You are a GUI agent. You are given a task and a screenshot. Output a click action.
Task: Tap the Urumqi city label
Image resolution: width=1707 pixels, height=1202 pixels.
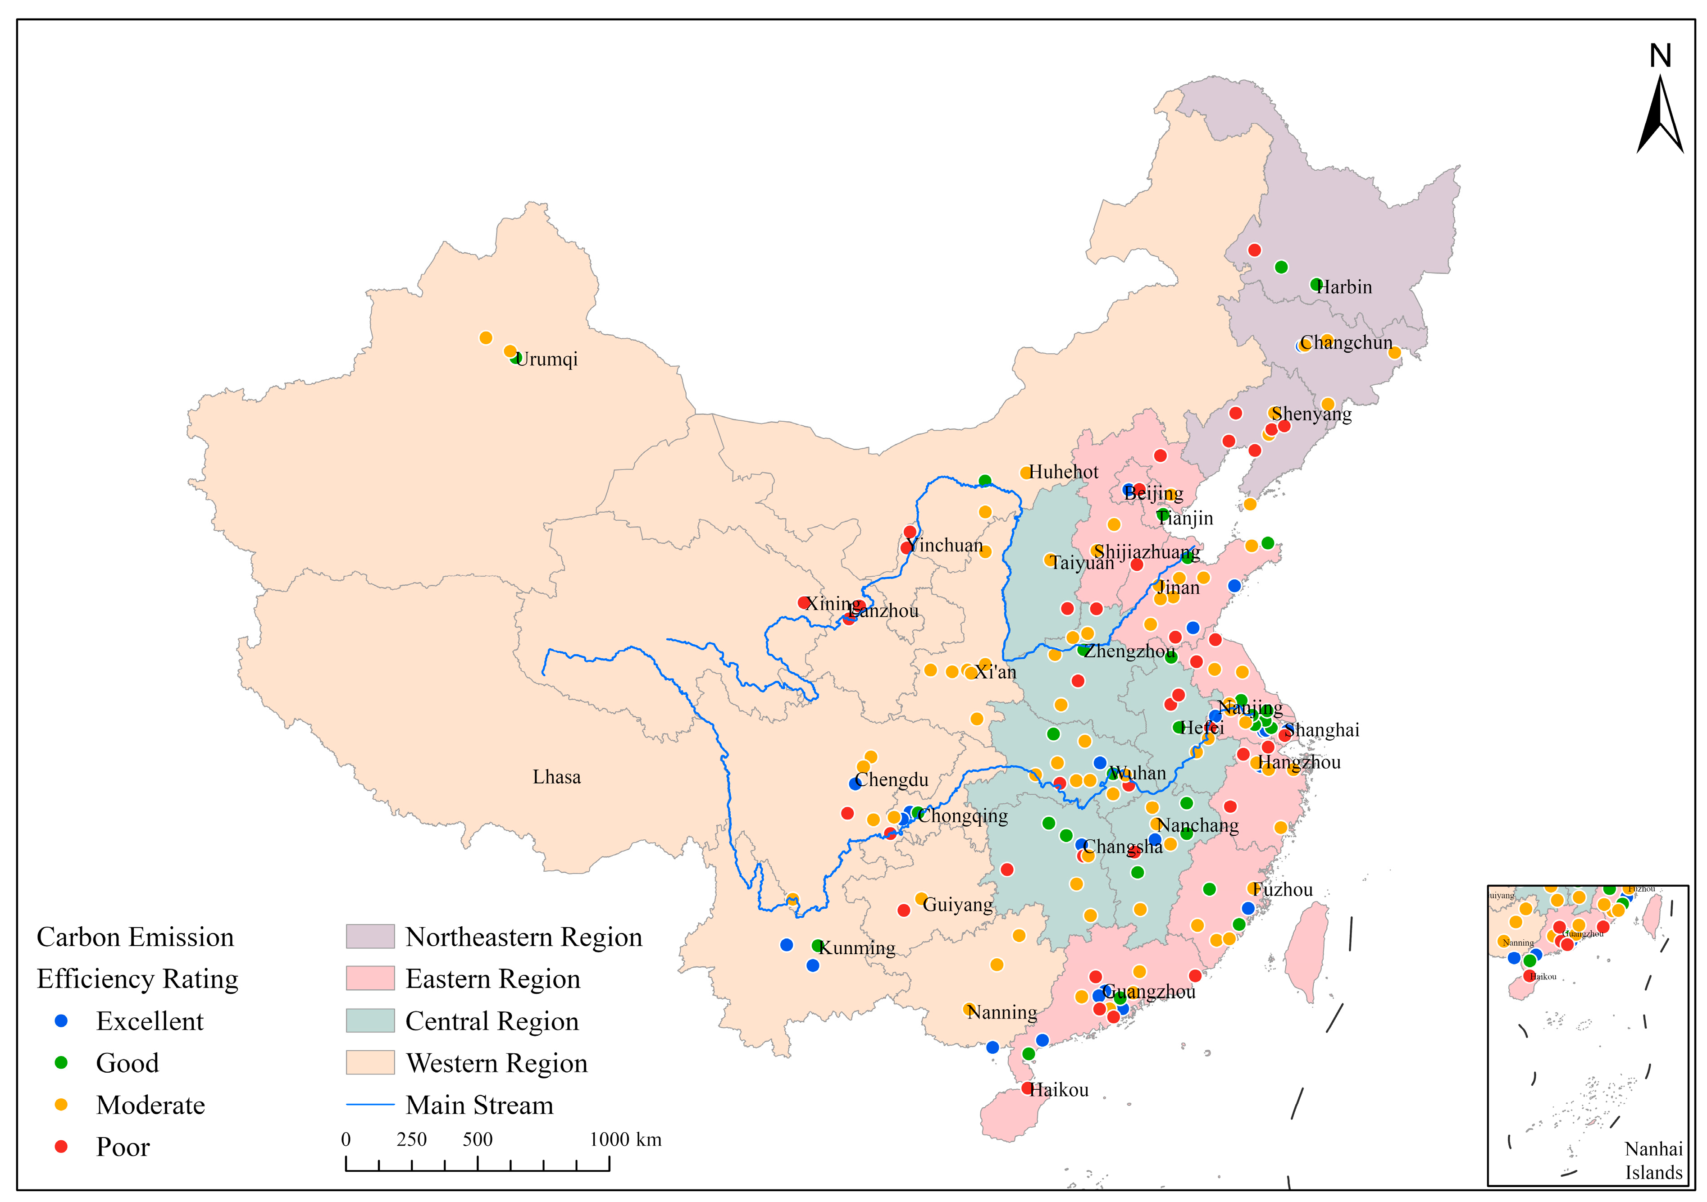546,360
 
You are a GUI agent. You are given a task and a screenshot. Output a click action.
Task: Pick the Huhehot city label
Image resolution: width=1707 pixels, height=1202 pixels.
1063,473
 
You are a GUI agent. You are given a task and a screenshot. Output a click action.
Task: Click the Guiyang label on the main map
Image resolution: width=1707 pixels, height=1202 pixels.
958,906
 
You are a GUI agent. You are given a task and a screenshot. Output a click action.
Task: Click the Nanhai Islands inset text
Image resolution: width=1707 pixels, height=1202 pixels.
1653,1161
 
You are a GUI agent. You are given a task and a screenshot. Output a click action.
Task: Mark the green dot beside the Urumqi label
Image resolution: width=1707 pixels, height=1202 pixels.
516,358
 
